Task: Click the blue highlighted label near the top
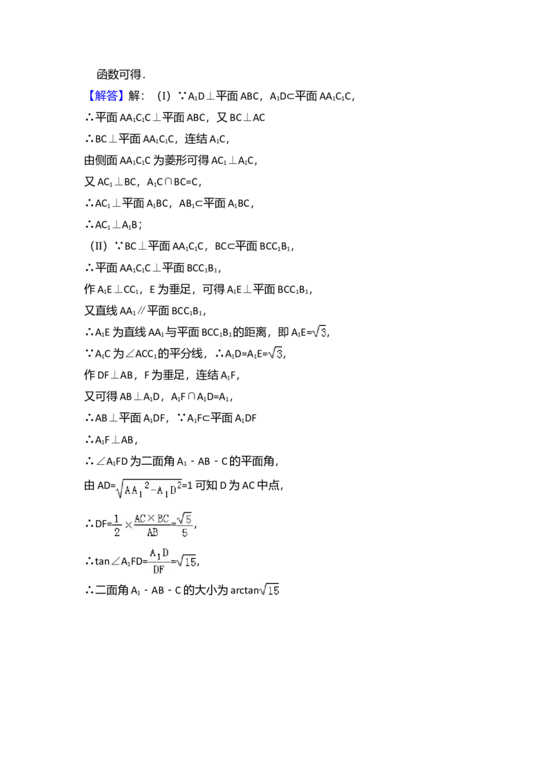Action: point(107,96)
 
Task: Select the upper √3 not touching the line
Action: point(319,333)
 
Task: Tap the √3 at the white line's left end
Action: point(275,353)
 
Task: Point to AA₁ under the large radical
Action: point(134,492)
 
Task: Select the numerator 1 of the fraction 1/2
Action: point(116,519)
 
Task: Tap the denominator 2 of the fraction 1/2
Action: point(116,533)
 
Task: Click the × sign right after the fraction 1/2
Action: point(128,526)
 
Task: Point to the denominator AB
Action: point(152,533)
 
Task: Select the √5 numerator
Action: point(184,517)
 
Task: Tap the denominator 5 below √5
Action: point(184,533)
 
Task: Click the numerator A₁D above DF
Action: point(159,553)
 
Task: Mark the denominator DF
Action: point(158,571)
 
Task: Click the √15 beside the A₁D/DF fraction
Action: point(187,562)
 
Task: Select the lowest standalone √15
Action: point(269,590)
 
